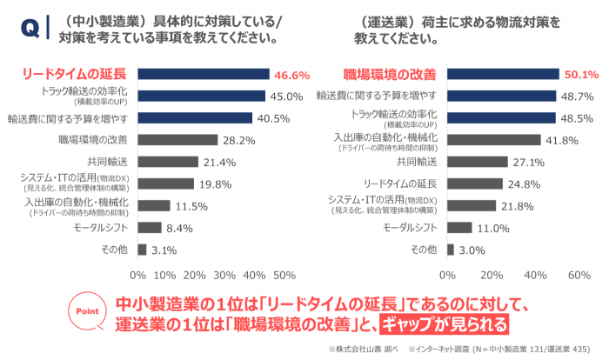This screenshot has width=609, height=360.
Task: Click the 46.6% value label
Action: point(291,75)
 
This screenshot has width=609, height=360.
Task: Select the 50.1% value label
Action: point(580,75)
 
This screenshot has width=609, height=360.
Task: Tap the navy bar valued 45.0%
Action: point(201,96)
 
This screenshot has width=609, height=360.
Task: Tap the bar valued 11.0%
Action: point(459,228)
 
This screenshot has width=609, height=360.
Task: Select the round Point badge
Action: point(87,311)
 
